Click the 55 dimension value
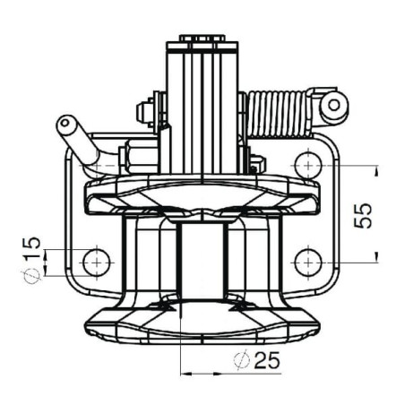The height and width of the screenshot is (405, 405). point(362,215)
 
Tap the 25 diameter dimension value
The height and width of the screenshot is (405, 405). point(266,360)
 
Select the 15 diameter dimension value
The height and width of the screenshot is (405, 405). point(30,247)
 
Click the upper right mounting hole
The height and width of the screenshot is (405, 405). point(308,165)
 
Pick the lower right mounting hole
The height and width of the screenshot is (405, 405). point(308,263)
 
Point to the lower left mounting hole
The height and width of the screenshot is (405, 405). point(97,263)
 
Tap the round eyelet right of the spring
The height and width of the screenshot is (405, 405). point(334,105)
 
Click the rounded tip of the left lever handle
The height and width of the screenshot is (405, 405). point(65,123)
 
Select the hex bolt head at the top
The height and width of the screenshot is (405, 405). point(202,39)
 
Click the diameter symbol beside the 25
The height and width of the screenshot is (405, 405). point(241,361)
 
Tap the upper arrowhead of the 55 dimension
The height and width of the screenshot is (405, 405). point(376,171)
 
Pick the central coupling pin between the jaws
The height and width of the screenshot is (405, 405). point(202,260)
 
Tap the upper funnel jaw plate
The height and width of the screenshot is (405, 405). point(202,194)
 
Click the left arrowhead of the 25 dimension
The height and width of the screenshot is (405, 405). point(186,374)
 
